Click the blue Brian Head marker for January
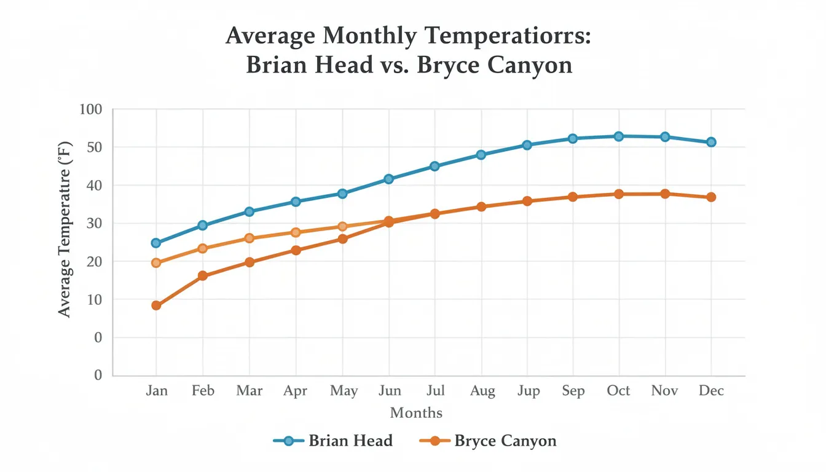click(156, 243)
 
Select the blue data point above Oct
click(619, 136)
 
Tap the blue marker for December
click(711, 142)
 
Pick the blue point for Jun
click(388, 179)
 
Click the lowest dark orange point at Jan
click(156, 305)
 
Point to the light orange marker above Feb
click(203, 248)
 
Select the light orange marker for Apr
click(296, 232)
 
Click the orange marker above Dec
click(711, 197)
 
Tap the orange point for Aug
click(481, 206)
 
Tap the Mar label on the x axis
click(249, 391)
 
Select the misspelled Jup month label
click(527, 391)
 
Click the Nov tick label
click(664, 391)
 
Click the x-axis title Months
click(416, 412)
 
